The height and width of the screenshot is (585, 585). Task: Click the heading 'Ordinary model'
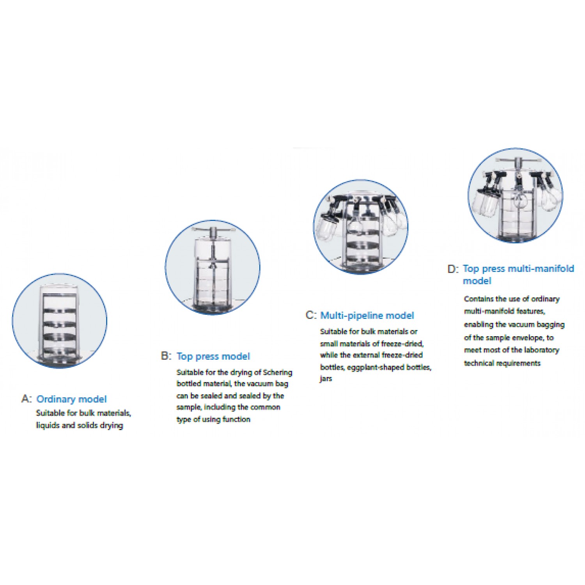pyautogui.click(x=71, y=399)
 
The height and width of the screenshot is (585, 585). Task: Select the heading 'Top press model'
pyautogui.click(x=213, y=356)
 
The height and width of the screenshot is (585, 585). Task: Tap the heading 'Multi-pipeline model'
pyautogui.click(x=367, y=316)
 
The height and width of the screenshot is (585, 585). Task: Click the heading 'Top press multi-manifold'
pyautogui.click(x=518, y=269)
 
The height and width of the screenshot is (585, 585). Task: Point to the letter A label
pyautogui.click(x=26, y=399)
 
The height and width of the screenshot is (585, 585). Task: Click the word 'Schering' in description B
pyautogui.click(x=278, y=372)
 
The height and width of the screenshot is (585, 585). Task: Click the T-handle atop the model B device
pyautogui.click(x=213, y=232)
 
